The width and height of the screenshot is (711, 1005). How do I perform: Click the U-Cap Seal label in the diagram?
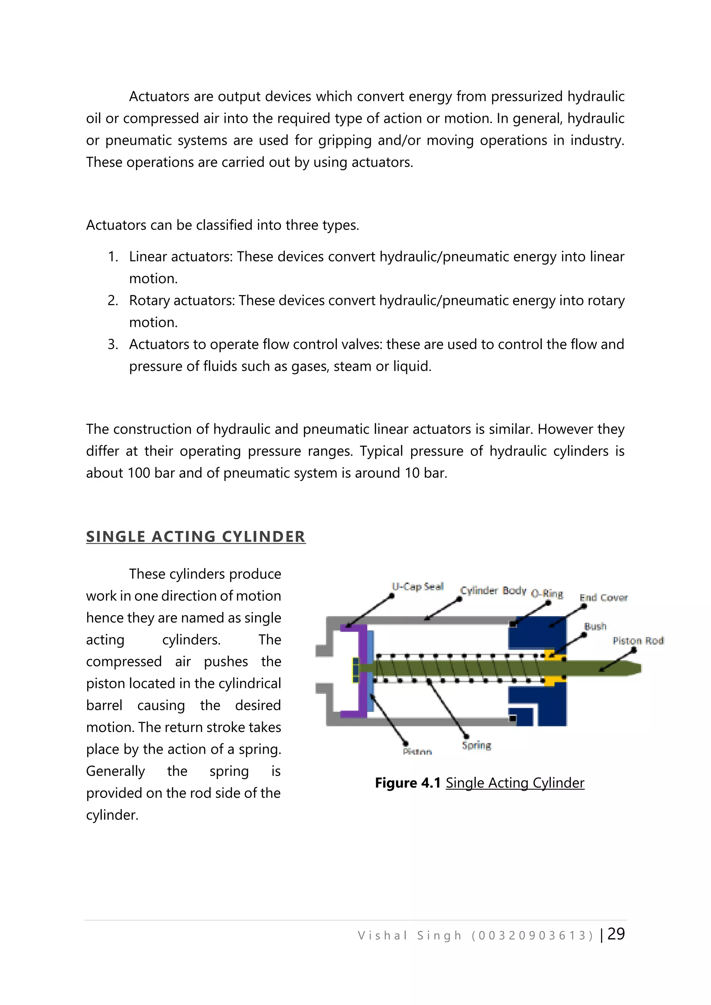(x=417, y=586)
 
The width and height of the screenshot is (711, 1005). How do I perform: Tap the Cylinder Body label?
(x=493, y=591)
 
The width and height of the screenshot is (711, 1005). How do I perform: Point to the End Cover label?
(x=603, y=598)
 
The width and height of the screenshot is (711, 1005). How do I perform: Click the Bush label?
(x=595, y=626)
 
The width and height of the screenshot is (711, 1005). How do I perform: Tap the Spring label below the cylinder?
(x=476, y=745)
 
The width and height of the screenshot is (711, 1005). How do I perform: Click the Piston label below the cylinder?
(x=417, y=752)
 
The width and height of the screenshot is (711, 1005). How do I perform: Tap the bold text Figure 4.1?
(x=408, y=783)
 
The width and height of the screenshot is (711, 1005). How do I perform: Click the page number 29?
(x=616, y=934)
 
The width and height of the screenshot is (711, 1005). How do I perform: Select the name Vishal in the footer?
(x=383, y=936)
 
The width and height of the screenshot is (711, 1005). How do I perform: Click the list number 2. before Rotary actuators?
(x=113, y=301)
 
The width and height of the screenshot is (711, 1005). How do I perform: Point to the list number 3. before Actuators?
(x=113, y=345)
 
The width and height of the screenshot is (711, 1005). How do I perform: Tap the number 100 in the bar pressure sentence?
(x=139, y=473)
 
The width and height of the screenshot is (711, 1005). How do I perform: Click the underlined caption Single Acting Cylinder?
(x=515, y=783)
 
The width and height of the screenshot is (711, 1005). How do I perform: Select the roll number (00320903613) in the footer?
(x=532, y=936)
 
